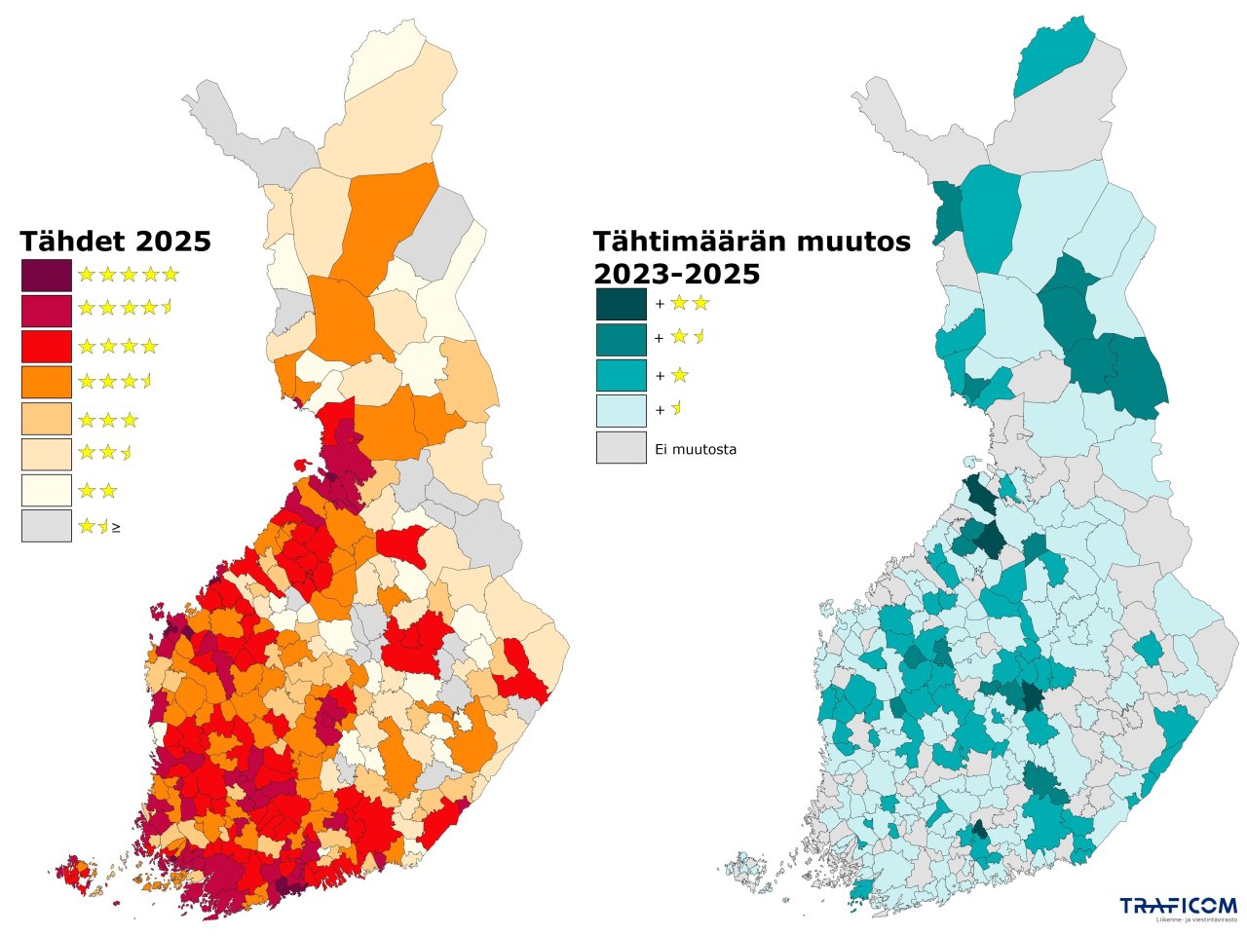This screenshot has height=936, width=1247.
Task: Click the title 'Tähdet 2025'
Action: (116, 241)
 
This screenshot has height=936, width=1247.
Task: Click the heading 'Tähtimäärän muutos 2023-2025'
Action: (751, 258)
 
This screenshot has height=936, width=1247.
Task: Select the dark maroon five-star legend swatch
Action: (47, 276)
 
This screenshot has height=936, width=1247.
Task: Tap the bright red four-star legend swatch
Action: (47, 347)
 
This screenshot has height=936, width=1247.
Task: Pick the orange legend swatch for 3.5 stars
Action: (47, 382)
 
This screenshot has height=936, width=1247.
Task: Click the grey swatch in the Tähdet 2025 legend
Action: (47, 526)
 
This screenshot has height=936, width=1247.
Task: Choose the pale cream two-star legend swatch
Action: (47, 490)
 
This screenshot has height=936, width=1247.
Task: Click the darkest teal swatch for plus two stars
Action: (621, 304)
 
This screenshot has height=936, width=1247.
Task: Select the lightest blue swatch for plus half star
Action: (621, 410)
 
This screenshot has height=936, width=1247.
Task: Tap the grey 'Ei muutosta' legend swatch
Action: (621, 448)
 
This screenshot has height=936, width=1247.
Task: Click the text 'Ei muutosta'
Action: (697, 450)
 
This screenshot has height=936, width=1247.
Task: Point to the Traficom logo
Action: (1178, 908)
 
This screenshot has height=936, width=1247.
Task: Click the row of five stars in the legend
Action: (129, 275)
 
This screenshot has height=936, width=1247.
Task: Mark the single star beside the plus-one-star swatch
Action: (679, 375)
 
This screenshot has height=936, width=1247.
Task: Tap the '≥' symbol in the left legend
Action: (117, 527)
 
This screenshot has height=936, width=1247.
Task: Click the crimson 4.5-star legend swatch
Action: (47, 311)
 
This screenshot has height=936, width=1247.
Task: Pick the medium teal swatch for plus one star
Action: (621, 375)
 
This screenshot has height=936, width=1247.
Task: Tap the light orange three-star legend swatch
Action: (47, 418)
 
